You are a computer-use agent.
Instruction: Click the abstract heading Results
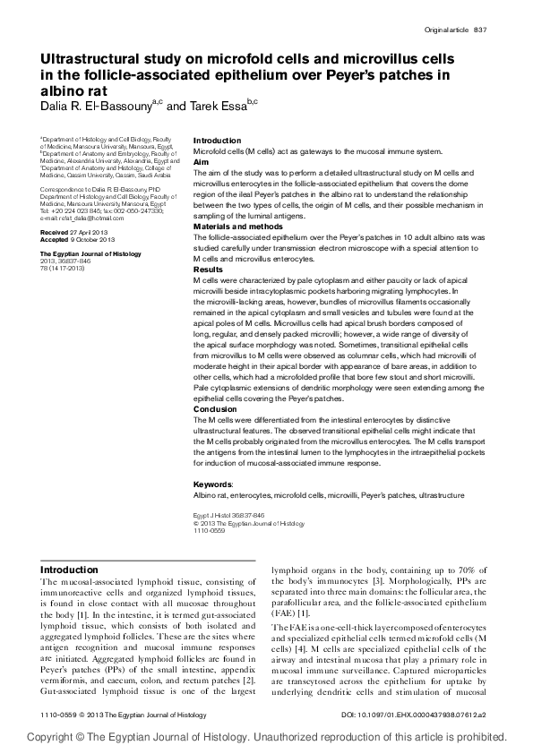point(208,269)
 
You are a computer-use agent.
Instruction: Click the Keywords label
point(212,484)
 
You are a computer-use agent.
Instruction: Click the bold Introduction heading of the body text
point(70,570)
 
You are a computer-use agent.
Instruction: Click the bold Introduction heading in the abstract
point(218,141)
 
